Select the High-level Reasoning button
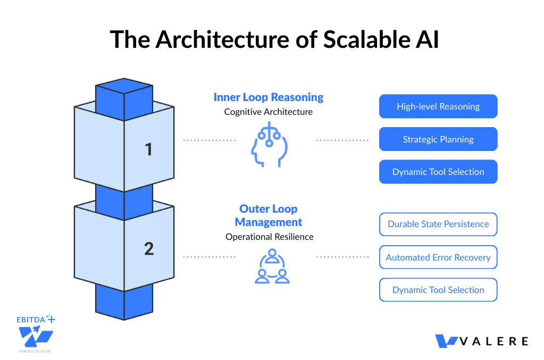pyautogui.click(x=438, y=106)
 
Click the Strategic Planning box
pyautogui.click(x=438, y=139)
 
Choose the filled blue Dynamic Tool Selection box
pyautogui.click(x=438, y=172)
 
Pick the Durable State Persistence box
pyautogui.click(x=438, y=224)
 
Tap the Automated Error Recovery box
pyautogui.click(x=438, y=257)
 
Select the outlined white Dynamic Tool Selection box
pyautogui.click(x=438, y=290)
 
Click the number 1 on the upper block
pyautogui.click(x=149, y=149)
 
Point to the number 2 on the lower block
pyautogui.click(x=149, y=248)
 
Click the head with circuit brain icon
pyautogui.click(x=269, y=144)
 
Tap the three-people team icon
pyautogui.click(x=272, y=266)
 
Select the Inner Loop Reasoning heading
pyautogui.click(x=269, y=97)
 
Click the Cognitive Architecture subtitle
pyautogui.click(x=269, y=112)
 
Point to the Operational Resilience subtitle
pyautogui.click(x=270, y=237)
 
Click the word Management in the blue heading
pyautogui.click(x=269, y=222)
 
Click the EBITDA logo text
pyautogui.click(x=32, y=320)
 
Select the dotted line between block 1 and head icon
pyautogui.click(x=210, y=140)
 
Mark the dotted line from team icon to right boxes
pyautogui.click(x=342, y=257)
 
